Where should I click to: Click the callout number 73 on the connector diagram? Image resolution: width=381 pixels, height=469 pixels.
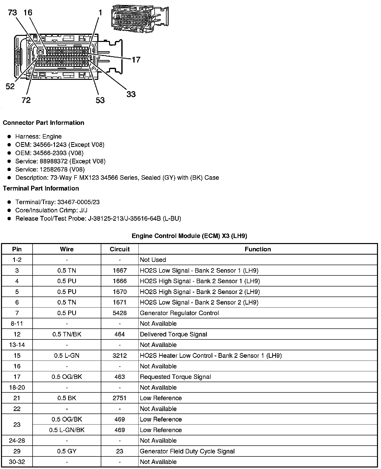click(x=12, y=12)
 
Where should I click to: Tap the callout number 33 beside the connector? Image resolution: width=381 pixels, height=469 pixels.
click(x=131, y=94)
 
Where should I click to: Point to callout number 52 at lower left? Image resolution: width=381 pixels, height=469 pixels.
click(x=10, y=87)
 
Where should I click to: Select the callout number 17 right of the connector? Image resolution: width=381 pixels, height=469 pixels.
click(x=136, y=60)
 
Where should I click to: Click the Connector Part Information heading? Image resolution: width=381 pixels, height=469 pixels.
click(x=43, y=123)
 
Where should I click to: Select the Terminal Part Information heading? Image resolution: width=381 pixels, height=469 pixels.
click(x=41, y=189)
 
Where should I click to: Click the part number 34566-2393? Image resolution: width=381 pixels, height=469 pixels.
click(x=50, y=153)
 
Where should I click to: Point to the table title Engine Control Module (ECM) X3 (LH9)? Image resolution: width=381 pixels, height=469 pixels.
click(x=189, y=236)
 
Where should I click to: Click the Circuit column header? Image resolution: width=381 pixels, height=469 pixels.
click(x=120, y=249)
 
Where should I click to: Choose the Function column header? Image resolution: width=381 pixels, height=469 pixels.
click(x=258, y=249)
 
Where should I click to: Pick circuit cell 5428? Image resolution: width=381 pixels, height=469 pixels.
click(x=120, y=313)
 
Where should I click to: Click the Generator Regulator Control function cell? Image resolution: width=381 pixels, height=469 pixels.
click(x=179, y=313)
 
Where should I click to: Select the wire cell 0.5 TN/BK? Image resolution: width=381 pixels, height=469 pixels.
click(x=67, y=334)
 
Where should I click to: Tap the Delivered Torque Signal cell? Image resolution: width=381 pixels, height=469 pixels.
click(x=173, y=334)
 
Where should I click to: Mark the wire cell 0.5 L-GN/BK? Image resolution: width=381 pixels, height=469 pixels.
click(x=67, y=430)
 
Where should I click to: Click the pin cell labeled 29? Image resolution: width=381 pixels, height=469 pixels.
click(x=17, y=451)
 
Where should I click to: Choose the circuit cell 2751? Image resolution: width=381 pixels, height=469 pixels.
click(x=120, y=398)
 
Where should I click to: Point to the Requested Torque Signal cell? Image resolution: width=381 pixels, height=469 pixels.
click(x=175, y=377)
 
